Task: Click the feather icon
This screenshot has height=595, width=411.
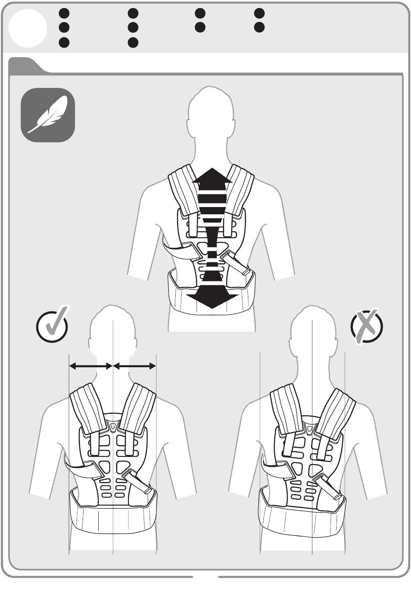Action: tap(48, 115)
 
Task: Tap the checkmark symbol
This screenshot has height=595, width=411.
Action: tap(52, 325)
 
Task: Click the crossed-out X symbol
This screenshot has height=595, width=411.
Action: tap(367, 326)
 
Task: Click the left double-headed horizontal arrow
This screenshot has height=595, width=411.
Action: tap(91, 366)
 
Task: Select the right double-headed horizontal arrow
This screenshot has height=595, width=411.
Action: tap(135, 366)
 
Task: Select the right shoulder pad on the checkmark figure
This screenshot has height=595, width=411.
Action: tap(138, 407)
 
